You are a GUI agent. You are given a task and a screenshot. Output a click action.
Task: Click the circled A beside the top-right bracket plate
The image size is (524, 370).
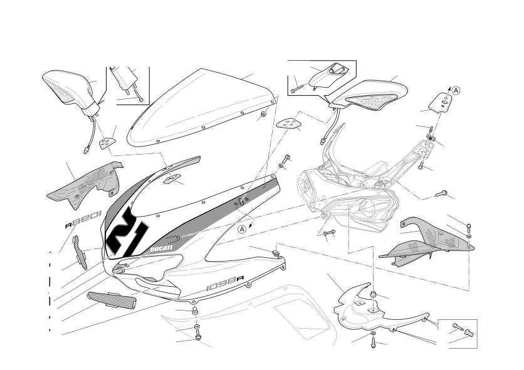(456, 90)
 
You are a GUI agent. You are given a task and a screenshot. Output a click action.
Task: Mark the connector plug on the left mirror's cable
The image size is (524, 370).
(87, 149)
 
